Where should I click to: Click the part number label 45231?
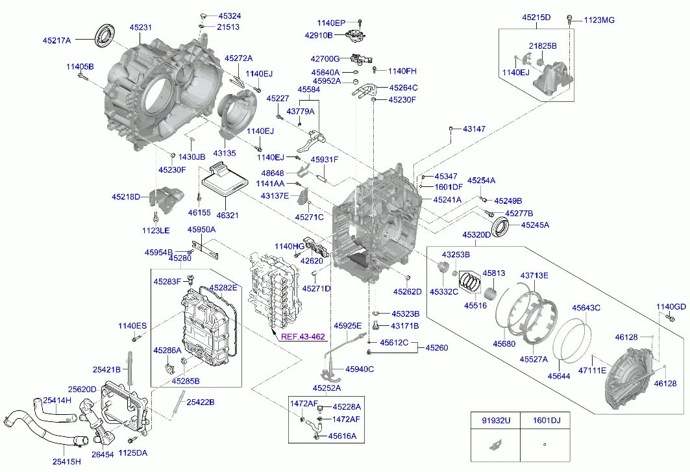[x=140, y=27]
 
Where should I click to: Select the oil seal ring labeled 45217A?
[x=104, y=34]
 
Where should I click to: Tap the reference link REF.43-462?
[x=302, y=337]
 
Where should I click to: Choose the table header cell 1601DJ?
[x=547, y=421]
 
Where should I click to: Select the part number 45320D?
[x=476, y=234]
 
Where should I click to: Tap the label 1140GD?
[x=671, y=306]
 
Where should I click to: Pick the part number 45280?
[x=180, y=258]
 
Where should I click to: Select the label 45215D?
[x=536, y=18]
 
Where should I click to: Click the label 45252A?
[x=327, y=388]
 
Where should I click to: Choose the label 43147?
[x=474, y=129]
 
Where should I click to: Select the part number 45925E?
[x=347, y=325]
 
